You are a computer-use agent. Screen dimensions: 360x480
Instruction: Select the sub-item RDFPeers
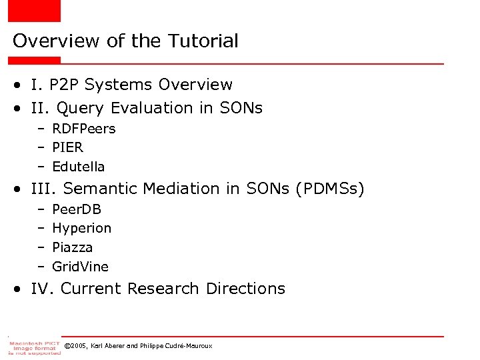point(83,129)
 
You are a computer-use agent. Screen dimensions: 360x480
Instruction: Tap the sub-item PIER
point(67,147)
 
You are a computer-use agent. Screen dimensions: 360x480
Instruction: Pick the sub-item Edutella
point(78,167)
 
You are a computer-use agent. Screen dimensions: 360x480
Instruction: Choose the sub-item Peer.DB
point(76,209)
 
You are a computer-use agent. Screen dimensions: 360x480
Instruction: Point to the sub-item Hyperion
point(81,228)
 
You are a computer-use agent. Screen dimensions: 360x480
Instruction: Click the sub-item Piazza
point(72,247)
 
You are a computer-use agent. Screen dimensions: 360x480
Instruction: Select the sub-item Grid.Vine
point(80,267)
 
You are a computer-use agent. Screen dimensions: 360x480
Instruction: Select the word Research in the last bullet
point(163,289)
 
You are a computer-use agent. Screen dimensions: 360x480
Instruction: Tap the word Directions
point(245,289)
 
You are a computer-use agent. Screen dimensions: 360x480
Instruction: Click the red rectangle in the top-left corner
point(30,10)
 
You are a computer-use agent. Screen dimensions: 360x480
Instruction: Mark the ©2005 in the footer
point(76,345)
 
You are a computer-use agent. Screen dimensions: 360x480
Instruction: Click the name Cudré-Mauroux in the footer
point(189,345)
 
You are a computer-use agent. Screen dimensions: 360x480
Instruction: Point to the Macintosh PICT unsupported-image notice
point(34,347)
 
